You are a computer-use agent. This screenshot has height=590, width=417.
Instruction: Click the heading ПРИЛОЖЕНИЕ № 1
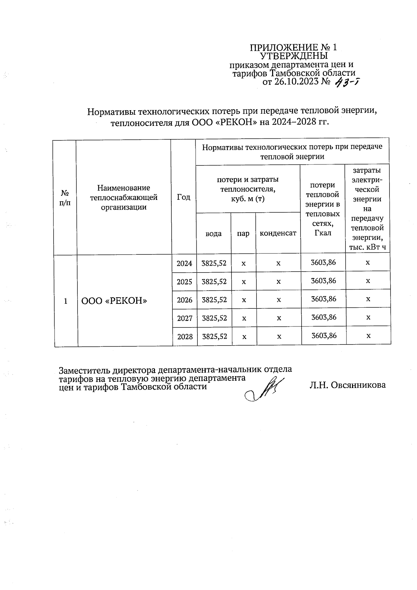pyautogui.click(x=294, y=47)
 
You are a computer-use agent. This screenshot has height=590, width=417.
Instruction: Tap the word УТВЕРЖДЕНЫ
pyautogui.click(x=294, y=56)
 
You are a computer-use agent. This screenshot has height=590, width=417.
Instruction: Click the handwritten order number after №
pyautogui.click(x=346, y=83)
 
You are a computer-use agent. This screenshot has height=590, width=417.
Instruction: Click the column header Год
pyautogui.click(x=184, y=197)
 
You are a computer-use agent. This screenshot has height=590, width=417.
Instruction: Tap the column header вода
pyautogui.click(x=213, y=233)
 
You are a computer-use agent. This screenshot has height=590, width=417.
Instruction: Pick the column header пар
pyautogui.click(x=243, y=233)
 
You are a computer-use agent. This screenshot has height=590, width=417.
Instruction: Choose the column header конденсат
pyautogui.click(x=278, y=233)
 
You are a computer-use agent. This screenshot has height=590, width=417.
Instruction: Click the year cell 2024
pyautogui.click(x=185, y=263)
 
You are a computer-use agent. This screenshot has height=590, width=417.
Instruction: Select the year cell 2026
pyautogui.click(x=185, y=300)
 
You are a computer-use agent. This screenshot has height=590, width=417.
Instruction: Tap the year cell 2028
pyautogui.click(x=185, y=336)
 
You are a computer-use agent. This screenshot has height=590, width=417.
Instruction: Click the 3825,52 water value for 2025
pyautogui.click(x=214, y=281)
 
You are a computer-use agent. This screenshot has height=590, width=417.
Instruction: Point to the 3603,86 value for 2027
pyautogui.click(x=324, y=317)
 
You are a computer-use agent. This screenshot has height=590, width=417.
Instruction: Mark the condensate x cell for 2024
pyautogui.click(x=278, y=263)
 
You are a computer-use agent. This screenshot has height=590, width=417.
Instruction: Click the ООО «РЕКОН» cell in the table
pyautogui.click(x=114, y=301)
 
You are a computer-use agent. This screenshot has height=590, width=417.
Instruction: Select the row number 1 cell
pyautogui.click(x=66, y=301)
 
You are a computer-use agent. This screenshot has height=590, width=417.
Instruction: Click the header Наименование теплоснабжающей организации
pyautogui.click(x=124, y=197)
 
